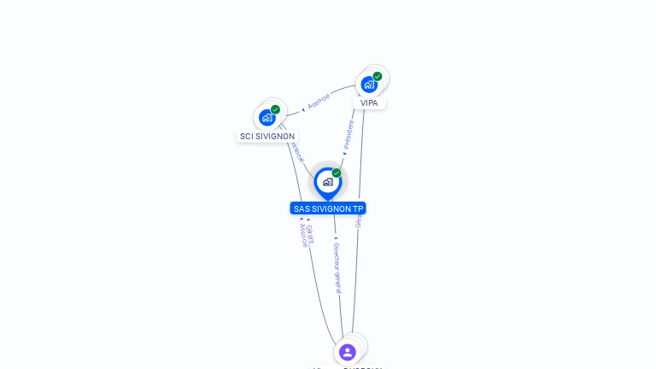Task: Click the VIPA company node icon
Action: click(369, 84)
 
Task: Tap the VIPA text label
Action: click(369, 103)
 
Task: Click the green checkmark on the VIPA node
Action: click(378, 76)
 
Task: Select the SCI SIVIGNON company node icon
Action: click(267, 117)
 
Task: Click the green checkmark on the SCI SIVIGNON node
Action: click(275, 109)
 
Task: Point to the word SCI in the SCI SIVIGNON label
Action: click(246, 137)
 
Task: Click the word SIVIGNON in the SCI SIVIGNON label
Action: click(275, 137)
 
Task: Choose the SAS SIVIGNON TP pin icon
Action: click(327, 181)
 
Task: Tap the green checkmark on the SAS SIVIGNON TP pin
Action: click(337, 173)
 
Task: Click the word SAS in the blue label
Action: click(301, 208)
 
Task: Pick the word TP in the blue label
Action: click(358, 208)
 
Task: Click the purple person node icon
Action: click(347, 351)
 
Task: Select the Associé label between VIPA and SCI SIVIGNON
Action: click(319, 102)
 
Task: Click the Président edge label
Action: click(349, 135)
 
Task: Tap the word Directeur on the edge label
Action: click(337, 257)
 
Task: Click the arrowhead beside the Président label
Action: click(344, 155)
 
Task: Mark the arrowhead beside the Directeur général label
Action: click(336, 238)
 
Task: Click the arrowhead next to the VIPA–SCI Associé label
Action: click(304, 108)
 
